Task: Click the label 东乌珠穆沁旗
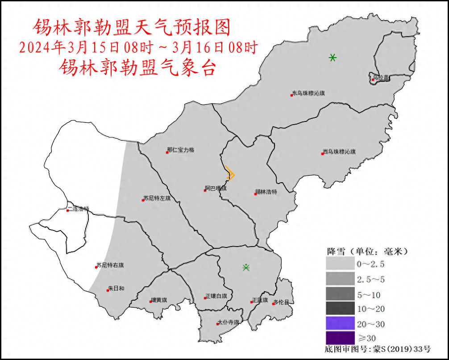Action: pos(308,94)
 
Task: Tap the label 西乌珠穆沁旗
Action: pos(340,152)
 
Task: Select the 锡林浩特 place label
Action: pos(266,192)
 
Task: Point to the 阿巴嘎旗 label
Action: pos(216,188)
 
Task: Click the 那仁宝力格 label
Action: pos(181,150)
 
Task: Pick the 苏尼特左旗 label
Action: pos(157,198)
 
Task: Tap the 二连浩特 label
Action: pos(79,209)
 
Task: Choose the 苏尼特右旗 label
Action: pos(110,265)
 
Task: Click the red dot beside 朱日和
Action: pos(108,290)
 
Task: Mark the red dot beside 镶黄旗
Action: pos(151,302)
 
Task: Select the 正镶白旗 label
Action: pos(216,296)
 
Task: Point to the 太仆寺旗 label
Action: pos(228,322)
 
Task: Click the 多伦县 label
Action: pos(281,302)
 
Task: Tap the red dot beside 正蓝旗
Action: pos(252,302)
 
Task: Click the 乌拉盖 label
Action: pos(381,78)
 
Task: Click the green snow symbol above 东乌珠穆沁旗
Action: pos(333,58)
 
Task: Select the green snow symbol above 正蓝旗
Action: pos(246,268)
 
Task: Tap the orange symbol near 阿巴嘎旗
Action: pos(230,173)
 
